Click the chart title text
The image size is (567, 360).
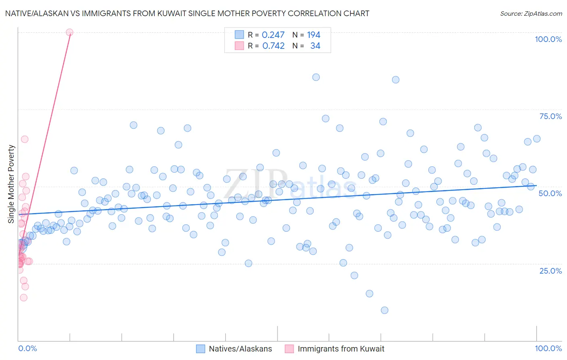pos(187,14)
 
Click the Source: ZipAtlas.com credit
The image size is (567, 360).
pos(531,14)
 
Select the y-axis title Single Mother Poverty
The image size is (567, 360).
pos(11,184)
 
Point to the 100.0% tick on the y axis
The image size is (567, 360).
pos(548,39)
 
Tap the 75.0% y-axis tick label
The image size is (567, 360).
pos(550,116)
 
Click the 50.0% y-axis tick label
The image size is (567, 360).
pos(550,193)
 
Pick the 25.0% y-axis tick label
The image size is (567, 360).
pos(550,271)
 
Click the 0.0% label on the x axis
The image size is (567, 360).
pos(27,348)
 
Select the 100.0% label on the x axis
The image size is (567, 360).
pos(548,348)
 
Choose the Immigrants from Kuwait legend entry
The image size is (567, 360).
pos(341,349)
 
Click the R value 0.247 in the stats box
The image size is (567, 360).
pos(273,35)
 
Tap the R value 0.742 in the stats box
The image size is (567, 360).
pos(273,46)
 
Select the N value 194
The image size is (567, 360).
pos(313,35)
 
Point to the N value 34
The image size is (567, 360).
pos(315,46)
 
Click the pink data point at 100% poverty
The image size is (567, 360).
pos(69,32)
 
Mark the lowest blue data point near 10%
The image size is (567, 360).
pos(384,310)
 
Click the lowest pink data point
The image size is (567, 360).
pos(24,298)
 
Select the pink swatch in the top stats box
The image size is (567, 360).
pos(240,46)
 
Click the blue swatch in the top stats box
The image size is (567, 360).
pos(240,35)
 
